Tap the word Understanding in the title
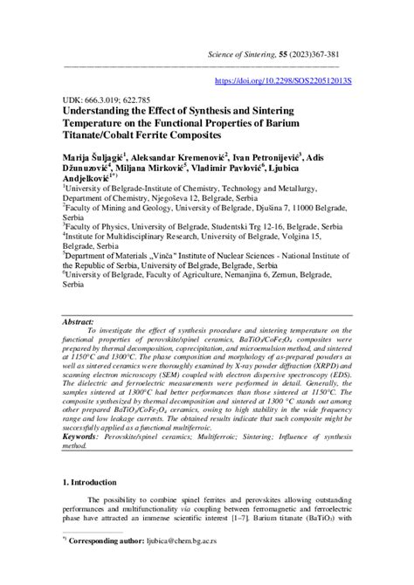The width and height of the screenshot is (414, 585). (x=103, y=113)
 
